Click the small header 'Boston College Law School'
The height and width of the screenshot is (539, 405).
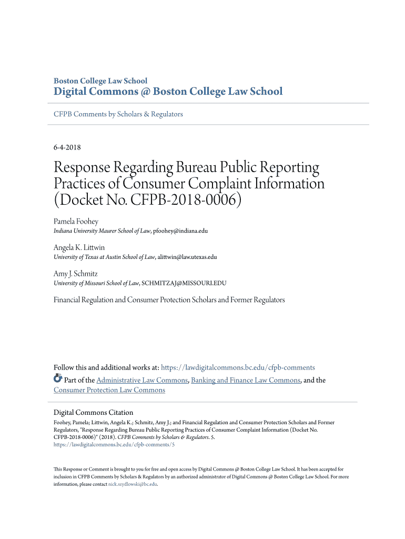point(100,81)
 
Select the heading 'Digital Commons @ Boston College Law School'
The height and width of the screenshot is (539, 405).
point(168,92)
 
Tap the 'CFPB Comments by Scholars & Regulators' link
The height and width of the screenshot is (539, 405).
point(118,114)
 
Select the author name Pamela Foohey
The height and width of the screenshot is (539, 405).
point(76,222)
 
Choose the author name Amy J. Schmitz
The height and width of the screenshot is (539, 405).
point(76,274)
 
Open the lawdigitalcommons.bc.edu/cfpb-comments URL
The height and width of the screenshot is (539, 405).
point(238,367)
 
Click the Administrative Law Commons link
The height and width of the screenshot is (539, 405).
point(142,380)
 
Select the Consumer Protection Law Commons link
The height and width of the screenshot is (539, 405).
point(109,390)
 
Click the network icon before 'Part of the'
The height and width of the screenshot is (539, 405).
point(58,379)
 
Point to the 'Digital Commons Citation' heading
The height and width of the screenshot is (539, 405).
point(94,412)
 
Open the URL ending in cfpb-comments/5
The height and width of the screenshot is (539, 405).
point(114,445)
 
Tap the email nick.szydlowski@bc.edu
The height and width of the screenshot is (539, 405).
point(133,484)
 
